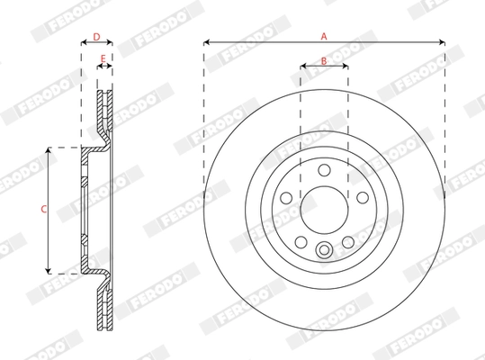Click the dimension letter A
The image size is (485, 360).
[x=325, y=35]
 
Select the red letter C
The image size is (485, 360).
[x=43, y=209]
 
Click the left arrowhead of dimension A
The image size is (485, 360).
[x=206, y=42]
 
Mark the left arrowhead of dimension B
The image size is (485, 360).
[x=301, y=67]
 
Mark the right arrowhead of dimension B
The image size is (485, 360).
[x=347, y=67]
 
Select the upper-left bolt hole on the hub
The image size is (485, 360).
[x=286, y=197]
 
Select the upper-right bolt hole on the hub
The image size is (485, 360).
[x=363, y=197]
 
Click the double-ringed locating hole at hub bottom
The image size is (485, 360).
[x=324, y=251]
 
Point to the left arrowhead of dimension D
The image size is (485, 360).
[x=83, y=44]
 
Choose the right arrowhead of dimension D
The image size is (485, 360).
[x=112, y=44]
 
